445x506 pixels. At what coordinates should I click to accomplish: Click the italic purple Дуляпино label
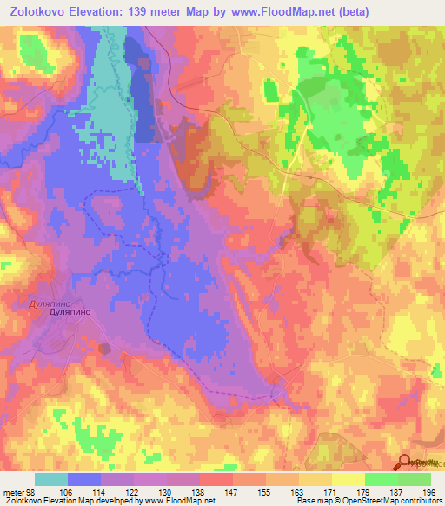(x=38, y=304)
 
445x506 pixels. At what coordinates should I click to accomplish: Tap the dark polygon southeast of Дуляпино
(x=107, y=349)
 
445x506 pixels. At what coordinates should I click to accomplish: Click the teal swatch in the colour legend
(x=51, y=480)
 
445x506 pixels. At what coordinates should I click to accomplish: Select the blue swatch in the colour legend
(x=84, y=480)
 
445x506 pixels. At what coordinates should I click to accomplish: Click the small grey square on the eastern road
(x=310, y=176)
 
